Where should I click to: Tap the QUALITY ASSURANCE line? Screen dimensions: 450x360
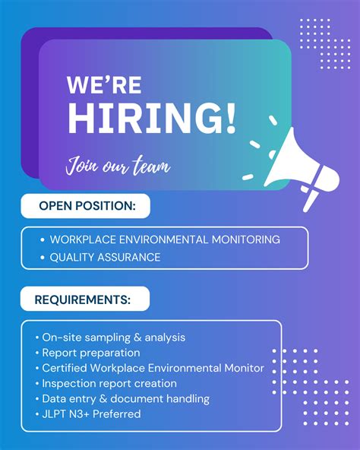[105, 257]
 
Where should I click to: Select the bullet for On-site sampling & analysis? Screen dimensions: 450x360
[37, 337]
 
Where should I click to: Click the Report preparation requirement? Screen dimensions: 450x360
[91, 353]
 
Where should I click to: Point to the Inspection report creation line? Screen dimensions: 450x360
[109, 383]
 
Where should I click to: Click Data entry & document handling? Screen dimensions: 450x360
[125, 398]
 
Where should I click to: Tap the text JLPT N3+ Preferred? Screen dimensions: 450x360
[91, 414]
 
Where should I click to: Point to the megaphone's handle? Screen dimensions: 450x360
[308, 198]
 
